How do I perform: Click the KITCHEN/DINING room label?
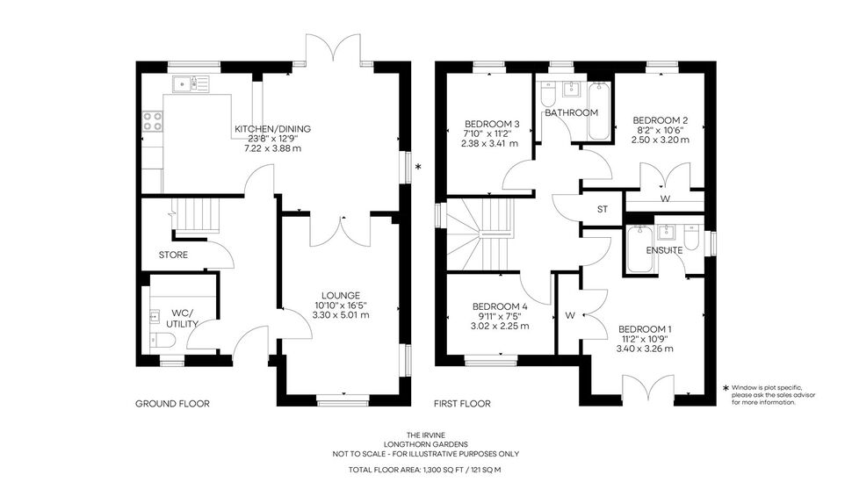272,129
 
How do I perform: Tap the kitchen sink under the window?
191,83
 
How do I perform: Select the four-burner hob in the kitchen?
152,121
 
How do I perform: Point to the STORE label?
173,255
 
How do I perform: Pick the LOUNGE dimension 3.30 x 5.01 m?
341,314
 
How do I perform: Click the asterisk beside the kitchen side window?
418,167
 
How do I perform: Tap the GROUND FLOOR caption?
172,404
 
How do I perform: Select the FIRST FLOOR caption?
462,404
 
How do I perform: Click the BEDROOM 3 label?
488,124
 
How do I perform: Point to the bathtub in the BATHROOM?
599,111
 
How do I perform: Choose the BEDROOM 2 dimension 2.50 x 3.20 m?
661,140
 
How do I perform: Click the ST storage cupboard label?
602,209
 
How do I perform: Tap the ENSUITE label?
664,250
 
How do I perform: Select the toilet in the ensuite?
691,237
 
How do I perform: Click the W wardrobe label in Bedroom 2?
665,199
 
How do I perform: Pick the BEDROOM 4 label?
500,306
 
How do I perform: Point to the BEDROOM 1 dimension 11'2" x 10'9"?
645,339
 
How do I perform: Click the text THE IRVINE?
426,435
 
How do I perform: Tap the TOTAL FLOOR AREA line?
425,470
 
